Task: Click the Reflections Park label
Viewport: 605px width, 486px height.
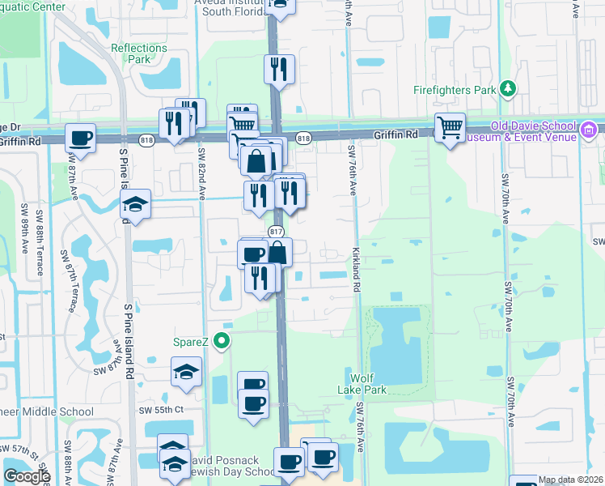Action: click(139, 53)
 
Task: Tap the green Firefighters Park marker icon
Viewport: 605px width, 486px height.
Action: click(508, 87)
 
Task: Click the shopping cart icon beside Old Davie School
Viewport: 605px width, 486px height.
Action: click(450, 126)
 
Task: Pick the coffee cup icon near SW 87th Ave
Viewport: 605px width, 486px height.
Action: click(80, 138)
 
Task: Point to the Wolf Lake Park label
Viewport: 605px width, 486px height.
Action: click(369, 384)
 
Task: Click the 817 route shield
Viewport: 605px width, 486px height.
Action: click(275, 232)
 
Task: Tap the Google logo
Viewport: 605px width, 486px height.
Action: click(27, 476)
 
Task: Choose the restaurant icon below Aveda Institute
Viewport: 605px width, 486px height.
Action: click(279, 69)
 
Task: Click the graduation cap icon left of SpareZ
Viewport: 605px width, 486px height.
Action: click(185, 373)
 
